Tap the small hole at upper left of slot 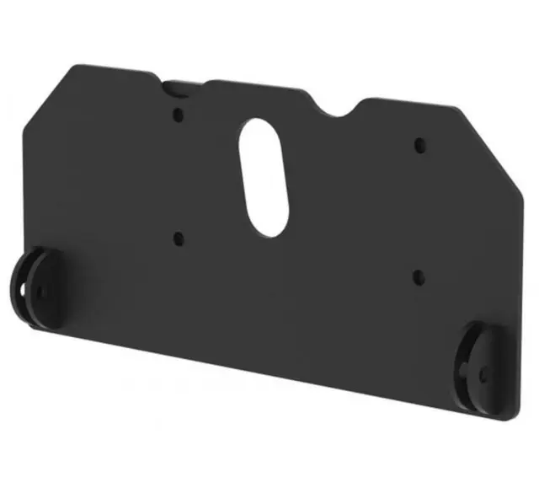(178, 114)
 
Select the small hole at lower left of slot (177, 238)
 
